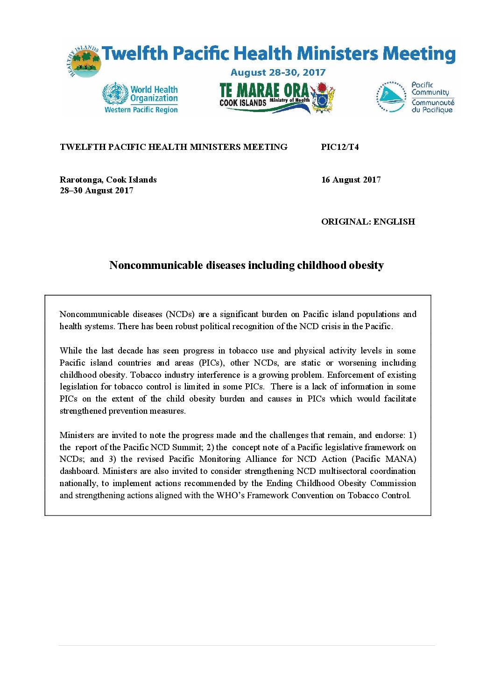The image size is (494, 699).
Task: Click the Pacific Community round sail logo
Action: (x=391, y=97)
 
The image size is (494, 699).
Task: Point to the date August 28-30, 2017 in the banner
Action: (x=278, y=72)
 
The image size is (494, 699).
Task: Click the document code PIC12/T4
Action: (x=340, y=147)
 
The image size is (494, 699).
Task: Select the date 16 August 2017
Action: (x=351, y=180)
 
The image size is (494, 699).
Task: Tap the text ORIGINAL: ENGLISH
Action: (x=368, y=222)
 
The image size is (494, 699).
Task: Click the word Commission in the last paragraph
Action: (x=393, y=483)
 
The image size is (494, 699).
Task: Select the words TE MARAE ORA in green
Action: (x=264, y=90)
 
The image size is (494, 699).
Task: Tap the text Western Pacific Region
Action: (x=141, y=110)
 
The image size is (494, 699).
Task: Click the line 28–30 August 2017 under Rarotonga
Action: (x=97, y=191)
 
